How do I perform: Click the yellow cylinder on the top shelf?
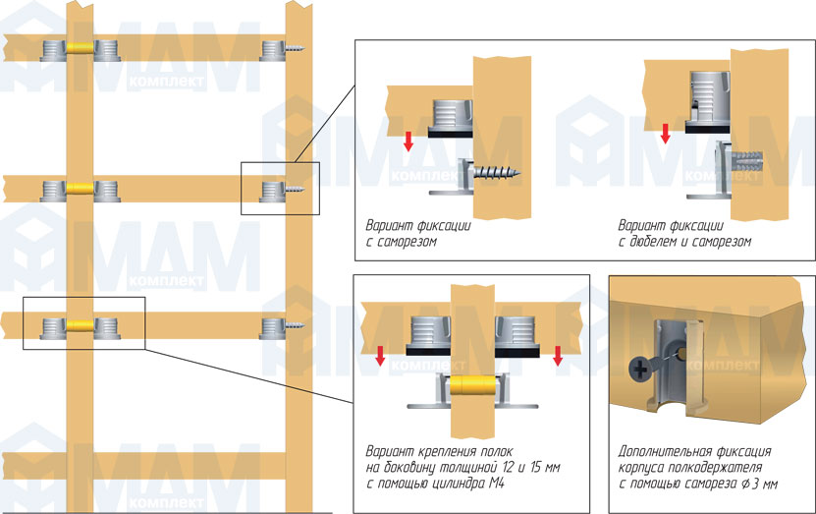(81, 47)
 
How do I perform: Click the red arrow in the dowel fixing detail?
(666, 132)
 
